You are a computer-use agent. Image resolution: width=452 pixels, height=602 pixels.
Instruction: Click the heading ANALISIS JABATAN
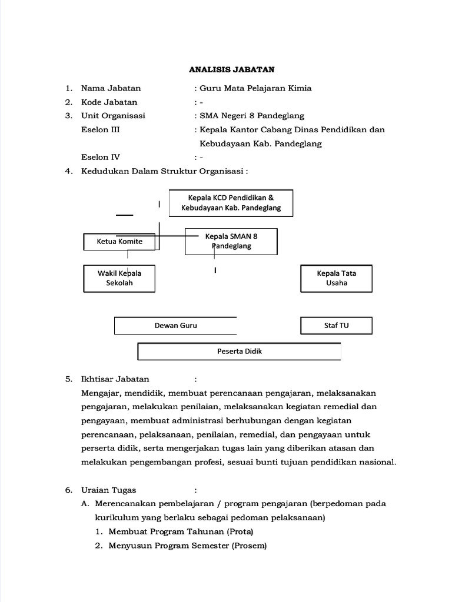pos(232,69)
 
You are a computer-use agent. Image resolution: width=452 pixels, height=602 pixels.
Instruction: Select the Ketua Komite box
pos(119,241)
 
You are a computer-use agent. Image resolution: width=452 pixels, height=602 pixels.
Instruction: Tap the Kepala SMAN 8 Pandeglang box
pos(231,241)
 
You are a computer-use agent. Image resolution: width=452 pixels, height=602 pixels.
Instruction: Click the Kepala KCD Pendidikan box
pos(231,203)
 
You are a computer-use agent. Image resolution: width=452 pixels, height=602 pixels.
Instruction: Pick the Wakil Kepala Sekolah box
pos(119,278)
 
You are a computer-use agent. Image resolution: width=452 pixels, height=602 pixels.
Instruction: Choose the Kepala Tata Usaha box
pos(336,278)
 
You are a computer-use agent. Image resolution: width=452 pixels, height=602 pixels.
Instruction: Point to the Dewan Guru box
pos(175,326)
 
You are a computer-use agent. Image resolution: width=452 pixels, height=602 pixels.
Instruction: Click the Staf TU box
pos(336,326)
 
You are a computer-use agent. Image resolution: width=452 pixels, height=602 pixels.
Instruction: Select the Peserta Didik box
pos(239,352)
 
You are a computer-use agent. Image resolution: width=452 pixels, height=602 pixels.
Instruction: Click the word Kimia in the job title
pos(300,88)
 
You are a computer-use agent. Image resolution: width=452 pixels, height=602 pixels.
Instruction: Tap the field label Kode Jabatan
pos(109,102)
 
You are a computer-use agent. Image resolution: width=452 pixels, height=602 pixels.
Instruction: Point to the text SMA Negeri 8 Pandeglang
pos(252,116)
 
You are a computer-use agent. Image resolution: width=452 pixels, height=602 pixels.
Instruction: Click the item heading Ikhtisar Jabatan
pos(115,379)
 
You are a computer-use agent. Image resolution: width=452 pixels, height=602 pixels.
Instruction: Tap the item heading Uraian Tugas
pos(108,490)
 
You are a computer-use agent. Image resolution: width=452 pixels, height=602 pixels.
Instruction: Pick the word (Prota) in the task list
pos(239,531)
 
